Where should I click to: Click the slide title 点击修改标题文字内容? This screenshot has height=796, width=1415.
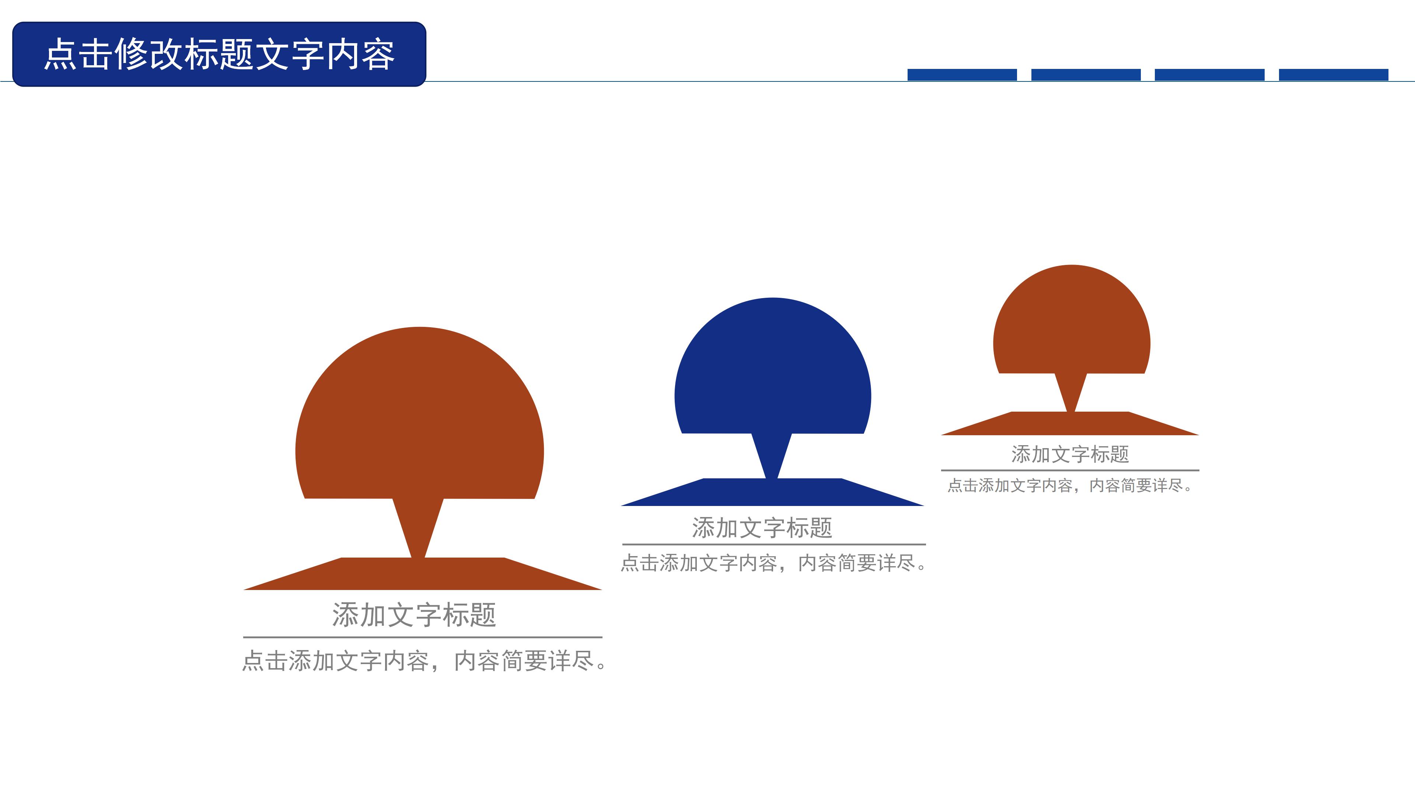click(219, 55)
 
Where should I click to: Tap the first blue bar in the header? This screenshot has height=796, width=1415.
click(962, 75)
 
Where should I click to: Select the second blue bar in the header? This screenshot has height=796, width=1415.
click(1086, 75)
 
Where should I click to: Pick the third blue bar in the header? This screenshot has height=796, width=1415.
click(1209, 75)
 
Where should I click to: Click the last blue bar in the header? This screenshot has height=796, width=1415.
click(1333, 75)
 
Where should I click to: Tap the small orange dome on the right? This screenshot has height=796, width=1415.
click(1071, 324)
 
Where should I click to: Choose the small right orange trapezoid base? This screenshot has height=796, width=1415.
click(1070, 424)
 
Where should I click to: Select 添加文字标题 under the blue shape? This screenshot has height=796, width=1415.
click(762, 528)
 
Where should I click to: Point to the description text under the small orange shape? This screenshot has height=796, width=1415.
click(1070, 486)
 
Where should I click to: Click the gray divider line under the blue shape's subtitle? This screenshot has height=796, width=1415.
click(773, 544)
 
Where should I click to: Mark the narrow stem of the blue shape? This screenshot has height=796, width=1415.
click(771, 456)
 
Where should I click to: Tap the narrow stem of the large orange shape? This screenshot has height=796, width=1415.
click(418, 527)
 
